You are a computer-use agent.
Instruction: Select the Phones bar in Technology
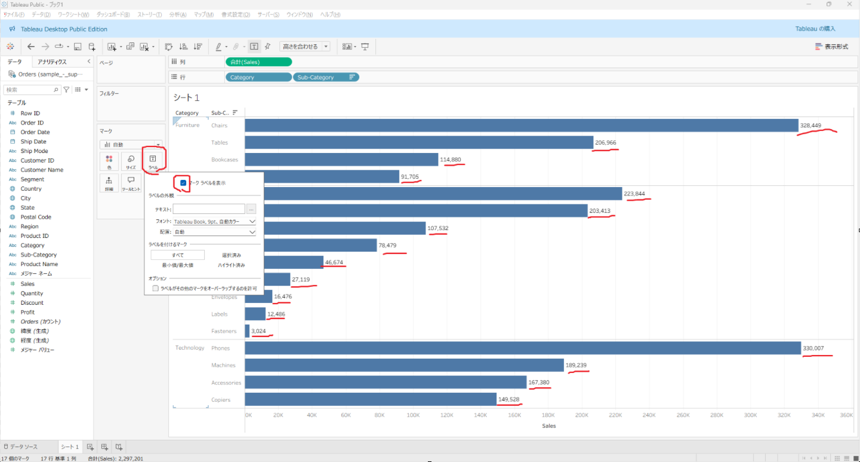point(522,348)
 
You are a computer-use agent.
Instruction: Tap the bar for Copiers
point(370,399)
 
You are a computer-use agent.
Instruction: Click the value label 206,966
point(605,143)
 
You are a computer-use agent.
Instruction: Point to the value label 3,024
point(258,331)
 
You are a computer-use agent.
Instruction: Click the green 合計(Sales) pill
point(258,62)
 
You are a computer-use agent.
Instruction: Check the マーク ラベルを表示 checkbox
point(183,183)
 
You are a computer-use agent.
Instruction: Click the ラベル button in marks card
point(153,161)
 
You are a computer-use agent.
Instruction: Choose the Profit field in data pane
point(27,312)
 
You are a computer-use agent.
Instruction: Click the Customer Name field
point(42,170)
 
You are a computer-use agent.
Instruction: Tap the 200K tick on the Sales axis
point(581,415)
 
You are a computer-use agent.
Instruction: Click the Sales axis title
point(548,426)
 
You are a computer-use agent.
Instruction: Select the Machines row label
point(223,365)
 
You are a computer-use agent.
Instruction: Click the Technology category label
point(190,348)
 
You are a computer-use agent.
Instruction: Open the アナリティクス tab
point(52,62)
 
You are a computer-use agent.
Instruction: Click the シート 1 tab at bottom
point(69,446)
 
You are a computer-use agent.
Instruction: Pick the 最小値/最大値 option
point(177,265)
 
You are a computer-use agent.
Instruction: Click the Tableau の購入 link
point(815,29)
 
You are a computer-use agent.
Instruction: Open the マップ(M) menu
point(204,14)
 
